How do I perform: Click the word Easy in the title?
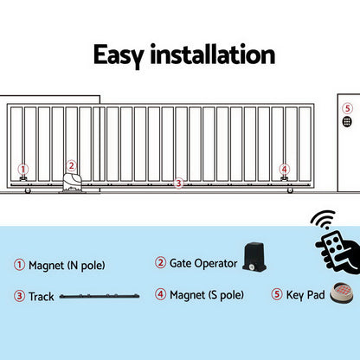point(121,56)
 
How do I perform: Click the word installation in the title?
point(212,56)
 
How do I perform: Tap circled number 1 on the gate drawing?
point(23,170)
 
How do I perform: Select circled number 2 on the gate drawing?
point(72,164)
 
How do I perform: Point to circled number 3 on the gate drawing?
point(178,183)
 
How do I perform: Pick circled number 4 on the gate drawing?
point(284,170)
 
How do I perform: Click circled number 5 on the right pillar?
point(347,109)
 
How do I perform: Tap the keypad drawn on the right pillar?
point(347,124)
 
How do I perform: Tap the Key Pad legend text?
point(305,295)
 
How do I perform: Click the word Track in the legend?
point(42,296)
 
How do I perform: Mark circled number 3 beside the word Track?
point(19,296)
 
